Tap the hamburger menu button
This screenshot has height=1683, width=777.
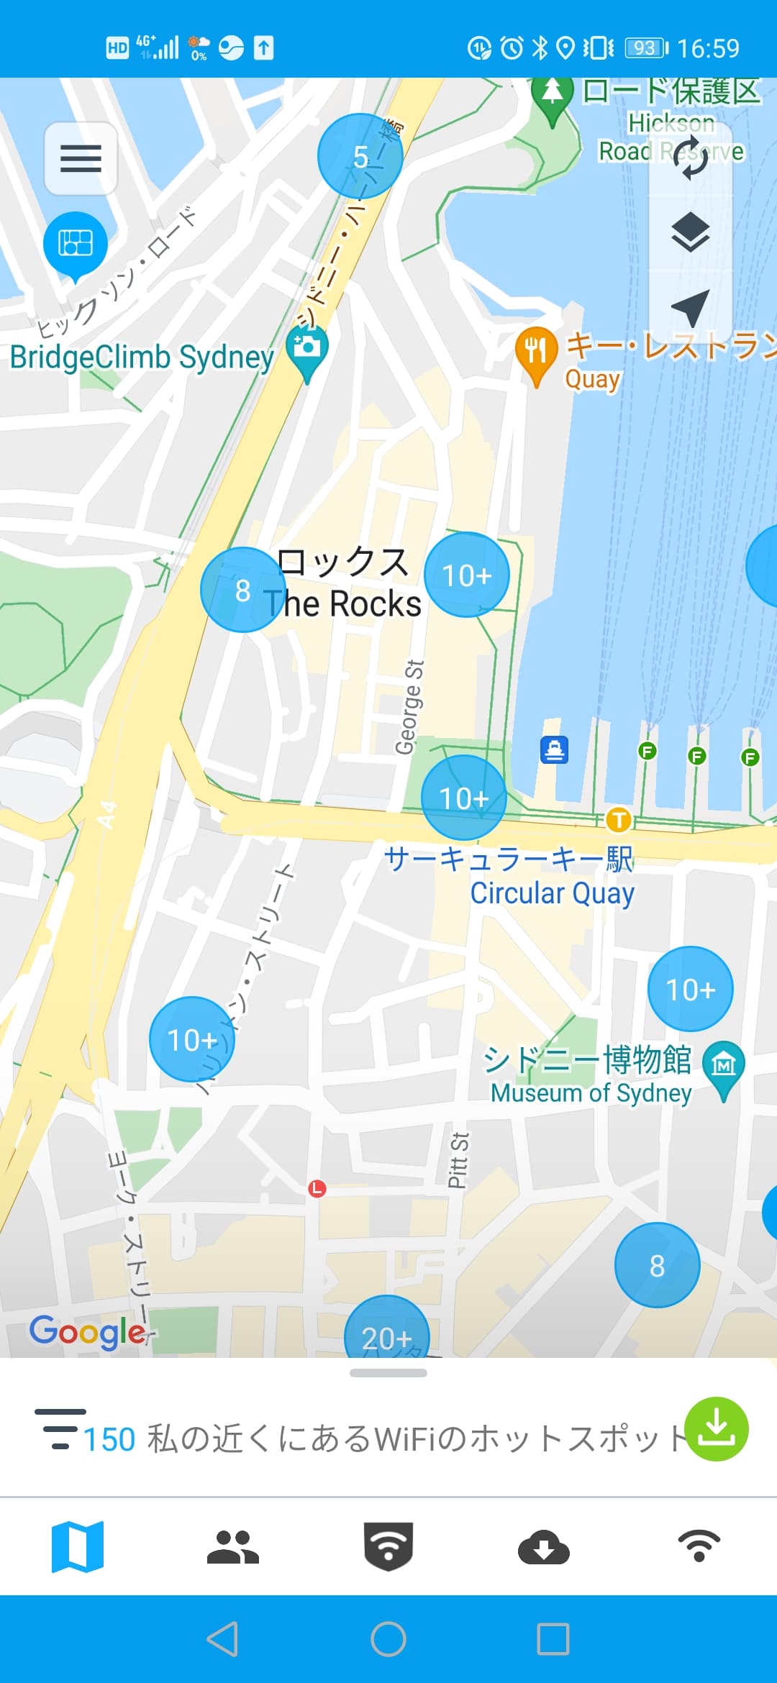click(81, 158)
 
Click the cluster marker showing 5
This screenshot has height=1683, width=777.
click(360, 156)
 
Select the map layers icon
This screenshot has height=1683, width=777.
click(691, 232)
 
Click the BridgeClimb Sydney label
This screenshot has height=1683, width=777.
click(142, 357)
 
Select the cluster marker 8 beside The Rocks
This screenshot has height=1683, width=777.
click(242, 590)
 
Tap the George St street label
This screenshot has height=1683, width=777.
click(409, 707)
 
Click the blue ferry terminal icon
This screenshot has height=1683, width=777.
click(554, 750)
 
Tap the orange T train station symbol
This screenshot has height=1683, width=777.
click(618, 819)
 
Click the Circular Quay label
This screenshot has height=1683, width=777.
click(552, 893)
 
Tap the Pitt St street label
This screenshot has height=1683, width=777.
click(458, 1160)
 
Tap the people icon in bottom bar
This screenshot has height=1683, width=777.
click(232, 1547)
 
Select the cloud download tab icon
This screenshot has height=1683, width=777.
click(544, 1547)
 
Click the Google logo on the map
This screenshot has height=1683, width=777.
click(88, 1332)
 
